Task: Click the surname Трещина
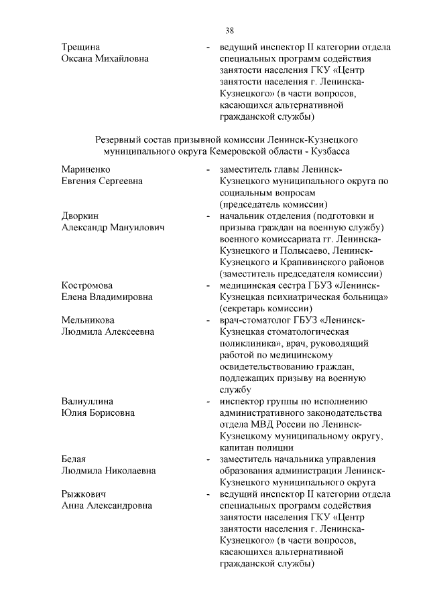coord(81,48)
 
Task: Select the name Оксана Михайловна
coord(105,59)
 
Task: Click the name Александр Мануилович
coord(113,228)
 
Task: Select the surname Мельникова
coord(88,320)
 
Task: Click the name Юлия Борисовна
coord(98,412)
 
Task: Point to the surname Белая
coord(74,459)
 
